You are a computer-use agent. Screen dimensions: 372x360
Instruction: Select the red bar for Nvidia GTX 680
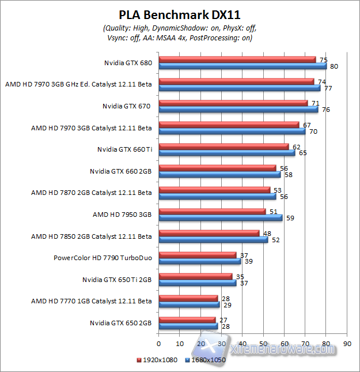click(x=236, y=59)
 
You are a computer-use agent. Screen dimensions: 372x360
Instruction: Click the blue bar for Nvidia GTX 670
click(x=237, y=109)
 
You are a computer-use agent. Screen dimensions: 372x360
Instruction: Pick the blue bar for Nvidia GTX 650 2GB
click(x=188, y=326)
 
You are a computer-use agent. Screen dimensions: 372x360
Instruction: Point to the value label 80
click(x=334, y=66)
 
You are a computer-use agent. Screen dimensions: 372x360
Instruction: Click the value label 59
click(x=290, y=218)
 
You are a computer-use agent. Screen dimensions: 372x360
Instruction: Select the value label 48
click(x=267, y=233)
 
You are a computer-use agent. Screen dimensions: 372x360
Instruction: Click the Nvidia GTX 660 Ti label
click(x=124, y=149)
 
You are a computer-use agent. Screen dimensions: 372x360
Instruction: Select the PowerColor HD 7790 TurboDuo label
click(x=103, y=257)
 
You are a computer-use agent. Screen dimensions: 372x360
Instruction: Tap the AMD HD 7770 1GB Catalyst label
click(x=92, y=300)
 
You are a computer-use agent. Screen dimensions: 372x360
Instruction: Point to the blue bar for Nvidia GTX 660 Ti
click(x=226, y=153)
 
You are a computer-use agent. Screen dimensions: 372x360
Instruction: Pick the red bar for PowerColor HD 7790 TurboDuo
click(x=197, y=254)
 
